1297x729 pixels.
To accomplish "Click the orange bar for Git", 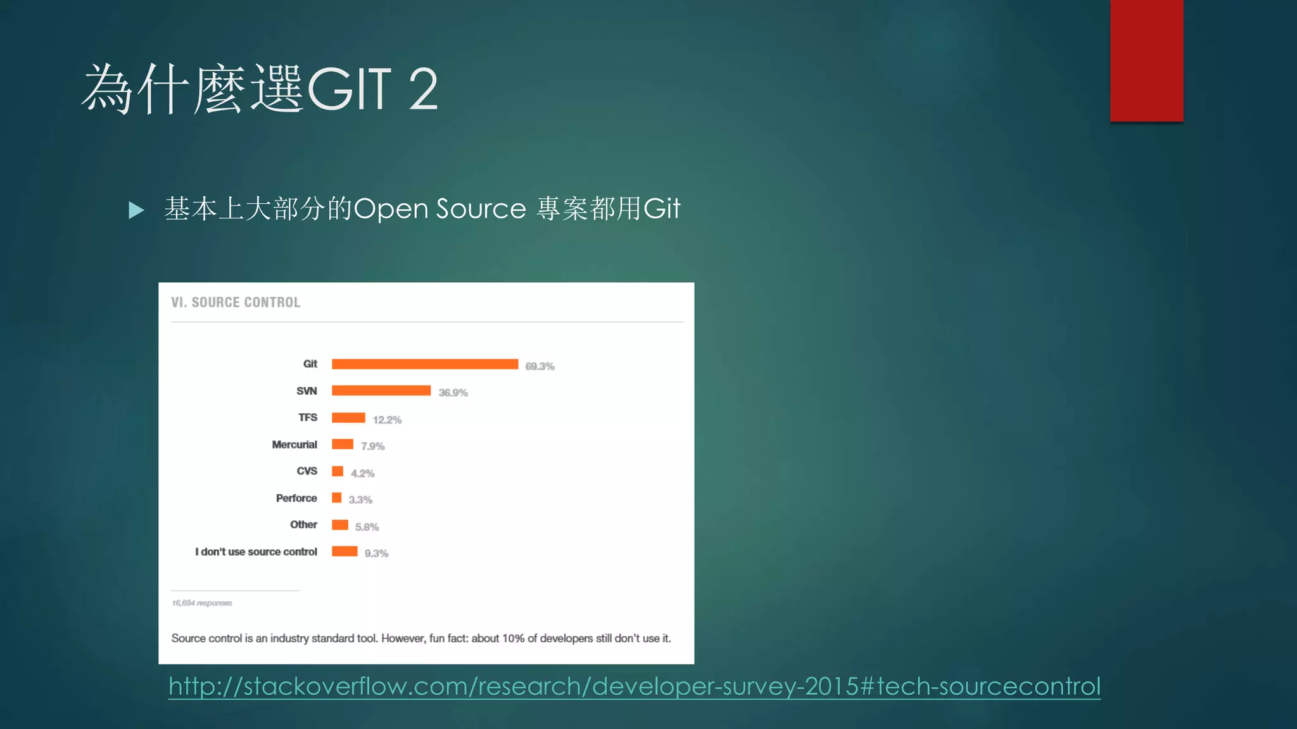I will (x=424, y=364).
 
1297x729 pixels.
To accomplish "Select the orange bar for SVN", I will (x=381, y=390).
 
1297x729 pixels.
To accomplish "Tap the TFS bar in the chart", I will (x=348, y=418).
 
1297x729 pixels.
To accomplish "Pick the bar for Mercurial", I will (x=343, y=444).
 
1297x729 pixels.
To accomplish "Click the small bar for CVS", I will (x=338, y=471).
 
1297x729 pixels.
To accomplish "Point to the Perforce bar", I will (x=337, y=498).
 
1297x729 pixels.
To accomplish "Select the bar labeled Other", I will (x=340, y=525).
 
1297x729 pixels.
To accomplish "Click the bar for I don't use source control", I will (x=345, y=551).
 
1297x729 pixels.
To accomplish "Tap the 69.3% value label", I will (x=540, y=366).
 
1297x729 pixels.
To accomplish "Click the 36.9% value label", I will (x=453, y=393).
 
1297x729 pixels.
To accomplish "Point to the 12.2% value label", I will (x=387, y=420).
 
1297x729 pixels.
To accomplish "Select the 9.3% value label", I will (x=376, y=554).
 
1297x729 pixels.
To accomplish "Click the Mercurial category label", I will (x=294, y=445).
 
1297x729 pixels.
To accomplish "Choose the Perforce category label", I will (x=296, y=499).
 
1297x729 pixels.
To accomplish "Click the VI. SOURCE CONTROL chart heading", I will (x=236, y=302).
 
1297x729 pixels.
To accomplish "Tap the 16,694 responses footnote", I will (x=202, y=603).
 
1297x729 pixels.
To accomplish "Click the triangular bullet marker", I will (x=136, y=210).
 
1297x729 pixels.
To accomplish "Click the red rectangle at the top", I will (x=1146, y=61).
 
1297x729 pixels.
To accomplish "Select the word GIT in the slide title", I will (x=350, y=89).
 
